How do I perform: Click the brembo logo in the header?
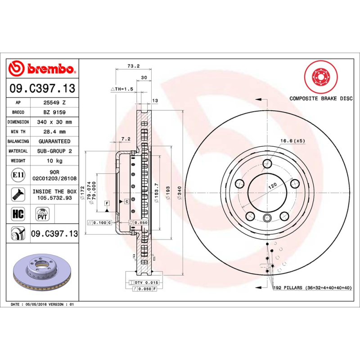coord(41,68)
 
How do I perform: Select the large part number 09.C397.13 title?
coord(42,88)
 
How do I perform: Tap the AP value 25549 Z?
coord(54,103)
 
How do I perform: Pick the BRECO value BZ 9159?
coord(54,112)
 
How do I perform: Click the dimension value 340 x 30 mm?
coord(54,122)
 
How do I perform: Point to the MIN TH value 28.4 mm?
coord(54,132)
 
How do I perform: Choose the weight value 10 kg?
coord(54,161)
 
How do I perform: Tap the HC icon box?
coord(18,213)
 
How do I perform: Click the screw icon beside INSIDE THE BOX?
coord(18,194)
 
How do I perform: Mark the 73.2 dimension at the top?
coord(133,66)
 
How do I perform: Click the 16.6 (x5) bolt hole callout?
coord(292,141)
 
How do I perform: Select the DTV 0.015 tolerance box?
coord(144,282)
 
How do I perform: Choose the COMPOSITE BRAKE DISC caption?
coord(320,98)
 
